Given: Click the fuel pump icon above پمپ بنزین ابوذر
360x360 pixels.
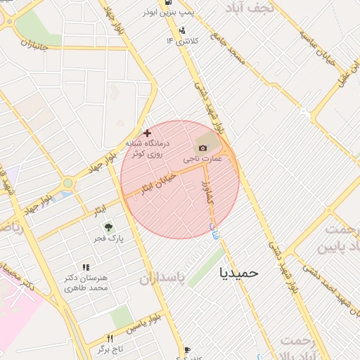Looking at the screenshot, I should [166, 2].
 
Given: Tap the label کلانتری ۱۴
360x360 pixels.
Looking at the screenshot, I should [182, 41].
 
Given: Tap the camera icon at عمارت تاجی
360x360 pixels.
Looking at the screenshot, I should [203, 148].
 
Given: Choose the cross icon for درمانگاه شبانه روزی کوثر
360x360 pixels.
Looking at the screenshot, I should [147, 133].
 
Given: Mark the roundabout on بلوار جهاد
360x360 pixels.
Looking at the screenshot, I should [67, 183].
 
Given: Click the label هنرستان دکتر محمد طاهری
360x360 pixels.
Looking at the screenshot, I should [86, 283].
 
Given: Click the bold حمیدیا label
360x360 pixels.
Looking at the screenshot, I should [239, 271].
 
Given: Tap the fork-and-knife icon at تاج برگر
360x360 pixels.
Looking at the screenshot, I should [110, 338].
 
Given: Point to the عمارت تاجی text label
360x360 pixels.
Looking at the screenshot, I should [202, 160].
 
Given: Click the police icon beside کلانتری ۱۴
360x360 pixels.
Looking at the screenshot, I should [182, 30].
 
